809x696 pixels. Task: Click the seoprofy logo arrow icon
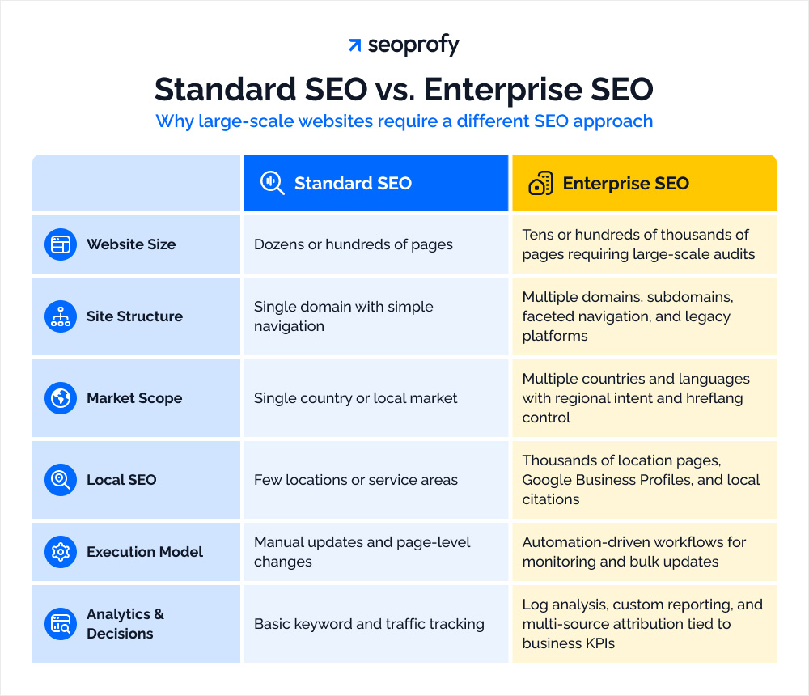tap(354, 45)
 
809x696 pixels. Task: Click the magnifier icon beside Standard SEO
tap(272, 184)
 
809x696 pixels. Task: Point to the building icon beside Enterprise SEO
tap(540, 184)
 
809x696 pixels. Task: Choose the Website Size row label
tap(131, 244)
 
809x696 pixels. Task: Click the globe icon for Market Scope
tap(61, 398)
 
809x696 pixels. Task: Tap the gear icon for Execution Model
tap(61, 552)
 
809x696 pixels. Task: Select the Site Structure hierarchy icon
tap(61, 316)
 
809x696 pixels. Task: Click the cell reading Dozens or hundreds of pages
tap(354, 244)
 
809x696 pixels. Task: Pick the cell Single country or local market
tap(356, 398)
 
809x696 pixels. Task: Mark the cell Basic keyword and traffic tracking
tap(369, 624)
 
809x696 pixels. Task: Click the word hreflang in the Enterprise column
tap(711, 398)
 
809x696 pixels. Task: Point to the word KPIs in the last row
tap(595, 643)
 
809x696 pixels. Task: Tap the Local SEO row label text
tap(121, 480)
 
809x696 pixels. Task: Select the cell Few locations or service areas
tap(356, 480)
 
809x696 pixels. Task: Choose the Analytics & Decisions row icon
tap(61, 624)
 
